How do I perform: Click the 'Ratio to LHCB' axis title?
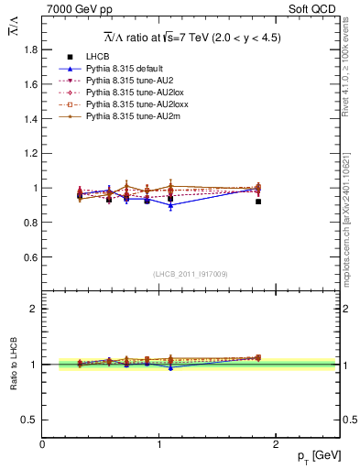[x=14, y=365]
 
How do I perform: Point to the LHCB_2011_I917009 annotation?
[x=191, y=274]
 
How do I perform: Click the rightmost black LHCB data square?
[x=258, y=202]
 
